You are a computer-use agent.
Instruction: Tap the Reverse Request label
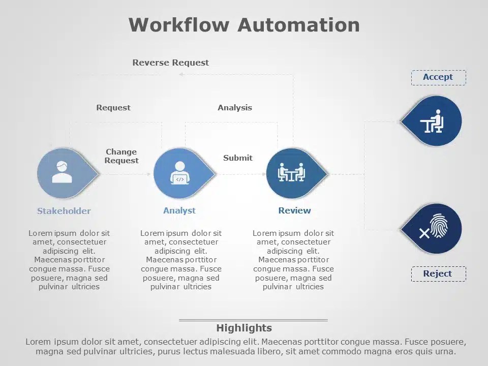[170, 63]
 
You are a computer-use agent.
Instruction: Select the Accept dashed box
[438, 77]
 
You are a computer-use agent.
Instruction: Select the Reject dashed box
[438, 274]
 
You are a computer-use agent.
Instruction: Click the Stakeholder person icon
[62, 173]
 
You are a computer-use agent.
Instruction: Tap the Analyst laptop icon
[179, 173]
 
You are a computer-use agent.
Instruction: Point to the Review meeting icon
[291, 173]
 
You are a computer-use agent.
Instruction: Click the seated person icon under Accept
[433, 121]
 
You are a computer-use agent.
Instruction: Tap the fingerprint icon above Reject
[439, 226]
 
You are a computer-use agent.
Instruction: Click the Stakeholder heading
[64, 211]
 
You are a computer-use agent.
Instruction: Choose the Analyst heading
[179, 210]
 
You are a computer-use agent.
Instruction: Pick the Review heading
[294, 210]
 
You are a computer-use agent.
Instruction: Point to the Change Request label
[121, 156]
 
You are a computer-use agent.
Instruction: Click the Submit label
[238, 158]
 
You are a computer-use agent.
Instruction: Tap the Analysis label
[235, 108]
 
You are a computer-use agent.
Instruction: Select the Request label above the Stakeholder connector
[113, 108]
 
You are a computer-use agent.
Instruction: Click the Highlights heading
[244, 328]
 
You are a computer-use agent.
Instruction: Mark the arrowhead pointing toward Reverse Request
[181, 74]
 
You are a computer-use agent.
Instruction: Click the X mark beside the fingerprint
[424, 233]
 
